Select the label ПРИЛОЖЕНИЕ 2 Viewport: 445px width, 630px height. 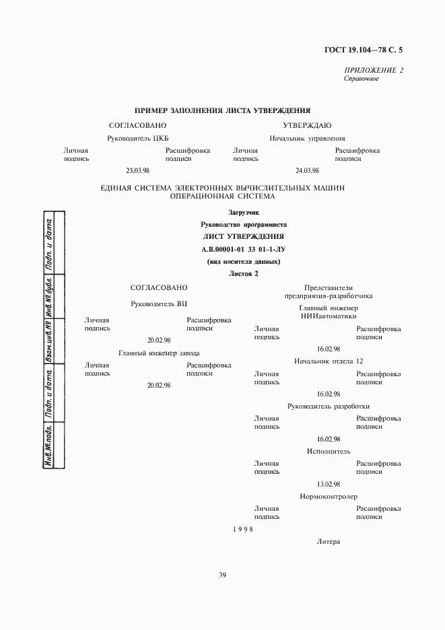point(374,70)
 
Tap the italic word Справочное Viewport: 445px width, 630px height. point(361,79)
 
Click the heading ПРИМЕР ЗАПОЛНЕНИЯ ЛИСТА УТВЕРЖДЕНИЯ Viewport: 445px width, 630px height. point(222,110)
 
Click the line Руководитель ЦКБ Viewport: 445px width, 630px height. point(137,138)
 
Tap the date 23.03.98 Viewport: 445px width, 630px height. point(137,171)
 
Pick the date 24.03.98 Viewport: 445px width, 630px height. point(307,171)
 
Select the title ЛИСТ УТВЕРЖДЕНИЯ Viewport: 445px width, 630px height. point(243,236)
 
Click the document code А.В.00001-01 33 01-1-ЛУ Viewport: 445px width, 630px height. point(243,249)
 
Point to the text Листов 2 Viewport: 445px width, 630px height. point(243,274)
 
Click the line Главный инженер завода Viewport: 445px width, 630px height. point(159,353)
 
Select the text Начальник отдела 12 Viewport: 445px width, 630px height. point(329,361)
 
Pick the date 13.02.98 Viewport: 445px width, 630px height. point(329,484)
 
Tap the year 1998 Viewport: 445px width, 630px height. point(243,529)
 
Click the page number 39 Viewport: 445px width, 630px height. point(222,575)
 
